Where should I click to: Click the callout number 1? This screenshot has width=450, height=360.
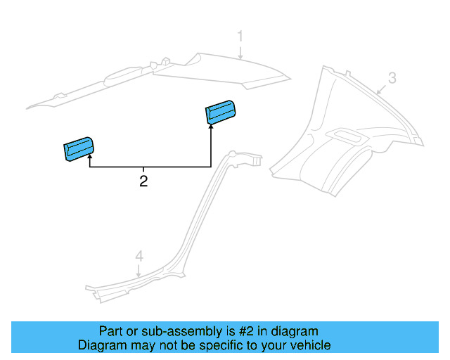(x=240, y=37)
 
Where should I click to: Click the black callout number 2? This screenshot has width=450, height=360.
(x=143, y=181)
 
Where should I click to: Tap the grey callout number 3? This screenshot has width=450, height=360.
(x=392, y=78)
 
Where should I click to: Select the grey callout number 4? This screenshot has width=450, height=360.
(x=139, y=257)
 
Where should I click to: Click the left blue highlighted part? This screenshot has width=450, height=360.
(x=78, y=149)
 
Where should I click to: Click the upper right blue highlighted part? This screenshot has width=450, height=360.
(x=221, y=112)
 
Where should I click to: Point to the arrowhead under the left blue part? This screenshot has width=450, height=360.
(x=90, y=156)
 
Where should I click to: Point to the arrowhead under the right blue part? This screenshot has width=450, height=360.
(x=211, y=126)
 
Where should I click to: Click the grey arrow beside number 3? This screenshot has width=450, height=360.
(x=381, y=89)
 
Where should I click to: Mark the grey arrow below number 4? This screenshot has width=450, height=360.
(x=139, y=271)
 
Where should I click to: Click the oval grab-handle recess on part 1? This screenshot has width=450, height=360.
(x=123, y=76)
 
